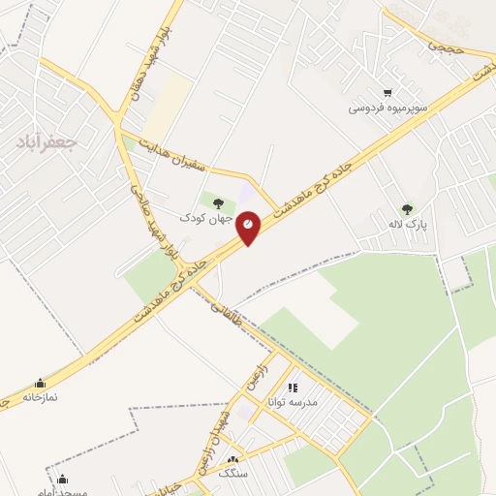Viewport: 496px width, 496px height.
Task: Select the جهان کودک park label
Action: [217, 219]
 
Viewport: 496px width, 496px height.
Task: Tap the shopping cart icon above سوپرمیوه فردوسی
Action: [388, 93]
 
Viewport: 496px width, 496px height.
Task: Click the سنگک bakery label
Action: [232, 474]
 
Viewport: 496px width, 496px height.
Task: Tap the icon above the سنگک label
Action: [232, 459]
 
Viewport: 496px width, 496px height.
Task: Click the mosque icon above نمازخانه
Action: [40, 383]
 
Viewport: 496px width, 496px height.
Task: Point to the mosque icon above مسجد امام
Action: [62, 479]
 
